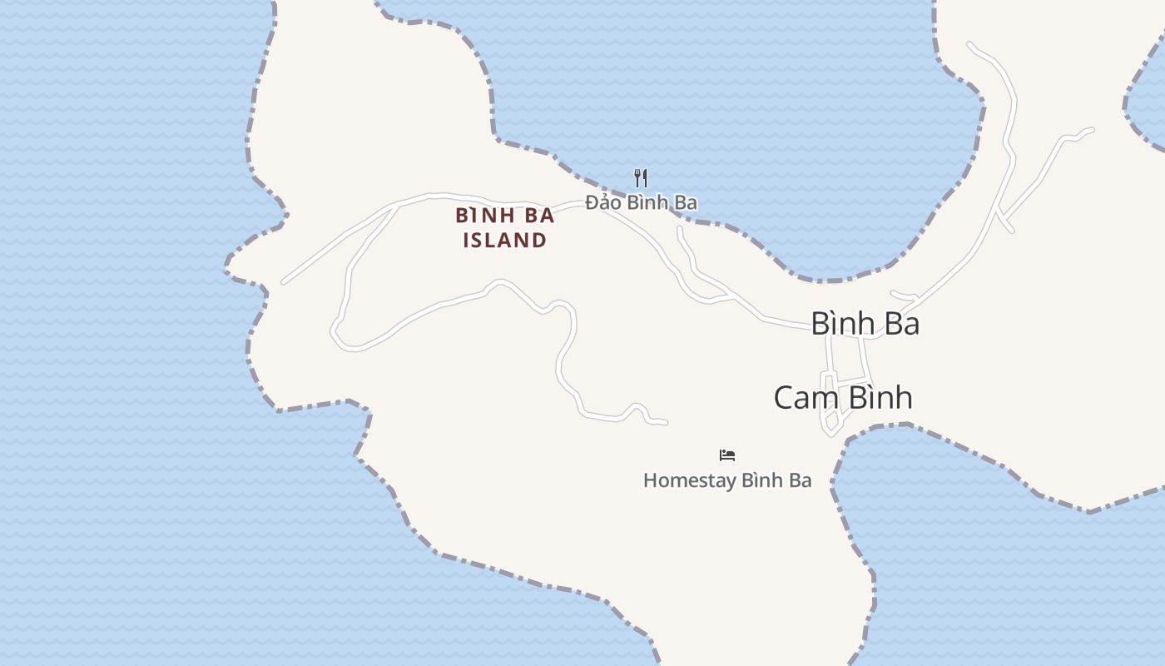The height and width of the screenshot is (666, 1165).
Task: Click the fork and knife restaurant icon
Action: [641, 177]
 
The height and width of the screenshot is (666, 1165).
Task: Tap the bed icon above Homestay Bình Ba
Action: [727, 455]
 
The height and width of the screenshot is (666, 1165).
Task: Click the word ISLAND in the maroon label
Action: [505, 241]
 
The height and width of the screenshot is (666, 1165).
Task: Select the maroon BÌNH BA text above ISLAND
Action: [505, 216]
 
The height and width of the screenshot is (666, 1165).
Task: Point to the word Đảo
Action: [603, 202]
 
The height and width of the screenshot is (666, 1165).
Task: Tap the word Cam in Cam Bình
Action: [803, 398]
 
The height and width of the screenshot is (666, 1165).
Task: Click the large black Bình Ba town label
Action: [865, 324]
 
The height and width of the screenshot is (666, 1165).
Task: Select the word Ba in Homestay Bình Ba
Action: [800, 480]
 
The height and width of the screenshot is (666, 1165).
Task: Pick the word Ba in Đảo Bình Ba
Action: [687, 202]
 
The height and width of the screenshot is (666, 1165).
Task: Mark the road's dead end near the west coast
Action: [284, 283]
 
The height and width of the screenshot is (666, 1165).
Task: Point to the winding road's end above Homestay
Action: [665, 423]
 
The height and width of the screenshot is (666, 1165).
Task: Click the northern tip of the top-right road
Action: [969, 43]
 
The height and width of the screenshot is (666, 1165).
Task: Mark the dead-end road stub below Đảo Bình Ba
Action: [680, 228]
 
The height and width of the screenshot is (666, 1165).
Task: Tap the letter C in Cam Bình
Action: [784, 398]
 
